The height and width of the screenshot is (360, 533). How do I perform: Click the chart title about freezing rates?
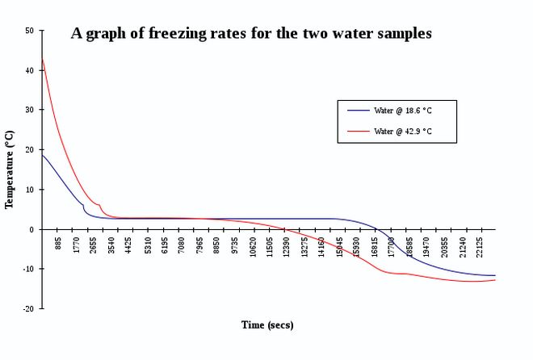tap(251, 34)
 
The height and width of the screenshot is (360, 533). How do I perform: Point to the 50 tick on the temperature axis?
tap(30, 31)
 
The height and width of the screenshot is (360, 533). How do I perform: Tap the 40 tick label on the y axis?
tap(30, 70)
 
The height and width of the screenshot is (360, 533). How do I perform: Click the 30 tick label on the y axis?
tap(30, 110)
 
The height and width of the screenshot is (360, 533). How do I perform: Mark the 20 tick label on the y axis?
tap(30, 149)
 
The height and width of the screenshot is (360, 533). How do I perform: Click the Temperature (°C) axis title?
tap(10, 170)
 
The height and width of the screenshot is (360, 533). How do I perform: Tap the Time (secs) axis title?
tap(267, 325)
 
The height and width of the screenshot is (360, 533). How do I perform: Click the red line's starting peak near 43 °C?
tap(42, 59)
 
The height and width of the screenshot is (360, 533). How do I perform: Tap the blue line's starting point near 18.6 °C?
tap(42, 155)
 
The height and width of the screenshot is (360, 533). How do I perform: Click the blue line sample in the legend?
tap(358, 110)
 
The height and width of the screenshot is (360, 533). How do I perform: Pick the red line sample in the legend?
tap(358, 131)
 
